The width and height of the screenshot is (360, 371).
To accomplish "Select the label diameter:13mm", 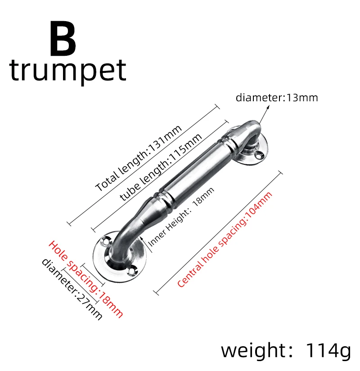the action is [277, 97].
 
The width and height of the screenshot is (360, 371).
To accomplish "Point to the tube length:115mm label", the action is [161, 170].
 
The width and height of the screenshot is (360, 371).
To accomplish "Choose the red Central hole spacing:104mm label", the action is [225, 240].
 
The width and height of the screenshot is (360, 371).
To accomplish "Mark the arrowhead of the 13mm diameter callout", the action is [269, 107].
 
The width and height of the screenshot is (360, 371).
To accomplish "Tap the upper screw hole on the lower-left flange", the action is [106, 241].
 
